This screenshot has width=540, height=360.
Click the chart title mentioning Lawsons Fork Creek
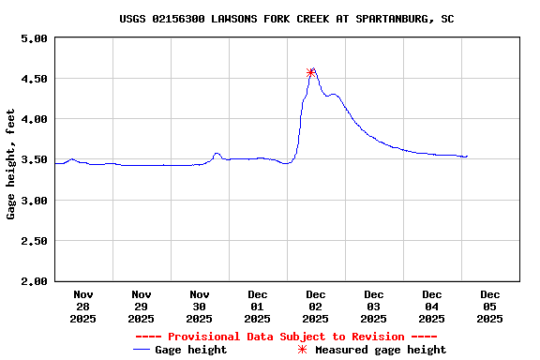(287, 19)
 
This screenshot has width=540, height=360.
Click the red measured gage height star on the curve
(311, 72)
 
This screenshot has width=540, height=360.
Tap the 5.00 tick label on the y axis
(34, 38)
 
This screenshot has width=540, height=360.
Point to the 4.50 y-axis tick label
(34, 79)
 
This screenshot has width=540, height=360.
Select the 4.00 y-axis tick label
(34, 119)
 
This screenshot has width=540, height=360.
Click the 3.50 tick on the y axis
(34, 160)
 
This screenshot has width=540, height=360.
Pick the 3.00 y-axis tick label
(34, 201)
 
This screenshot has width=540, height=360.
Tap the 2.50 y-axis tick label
(34, 241)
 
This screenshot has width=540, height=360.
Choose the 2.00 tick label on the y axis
(34, 281)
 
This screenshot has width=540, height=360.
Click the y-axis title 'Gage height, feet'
(11, 164)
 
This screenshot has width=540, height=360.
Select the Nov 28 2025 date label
(83, 306)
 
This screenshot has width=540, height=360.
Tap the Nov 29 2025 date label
(142, 306)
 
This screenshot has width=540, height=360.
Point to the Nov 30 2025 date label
(200, 306)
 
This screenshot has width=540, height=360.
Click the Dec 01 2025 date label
(258, 306)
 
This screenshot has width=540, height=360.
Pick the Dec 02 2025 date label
(316, 306)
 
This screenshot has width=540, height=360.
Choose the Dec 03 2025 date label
(374, 306)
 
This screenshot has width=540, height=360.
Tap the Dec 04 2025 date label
(432, 306)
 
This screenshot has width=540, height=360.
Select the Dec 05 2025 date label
(490, 306)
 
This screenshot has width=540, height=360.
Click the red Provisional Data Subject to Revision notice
(287, 337)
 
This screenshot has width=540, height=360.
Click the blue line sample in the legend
(142, 350)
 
